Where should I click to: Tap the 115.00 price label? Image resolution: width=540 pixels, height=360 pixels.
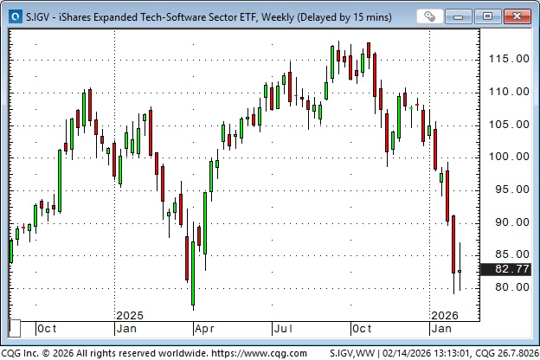[x=510, y=59]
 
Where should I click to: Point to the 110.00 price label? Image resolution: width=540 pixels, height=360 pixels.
[x=510, y=92]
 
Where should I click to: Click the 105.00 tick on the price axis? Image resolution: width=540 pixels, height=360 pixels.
[x=510, y=125]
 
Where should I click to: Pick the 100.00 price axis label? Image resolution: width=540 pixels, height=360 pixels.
[x=510, y=157]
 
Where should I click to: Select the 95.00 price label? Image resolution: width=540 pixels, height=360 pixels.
[x=510, y=190]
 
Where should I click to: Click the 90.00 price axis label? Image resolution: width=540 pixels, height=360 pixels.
[x=510, y=222]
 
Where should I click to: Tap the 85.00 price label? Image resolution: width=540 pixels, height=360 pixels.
[x=510, y=254]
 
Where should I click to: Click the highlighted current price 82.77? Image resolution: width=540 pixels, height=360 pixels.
[x=510, y=270]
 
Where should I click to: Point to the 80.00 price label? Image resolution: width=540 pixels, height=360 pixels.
[x=510, y=287]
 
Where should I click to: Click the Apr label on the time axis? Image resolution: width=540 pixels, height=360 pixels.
[x=205, y=329]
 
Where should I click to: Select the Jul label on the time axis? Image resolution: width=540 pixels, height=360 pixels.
[x=283, y=329]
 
